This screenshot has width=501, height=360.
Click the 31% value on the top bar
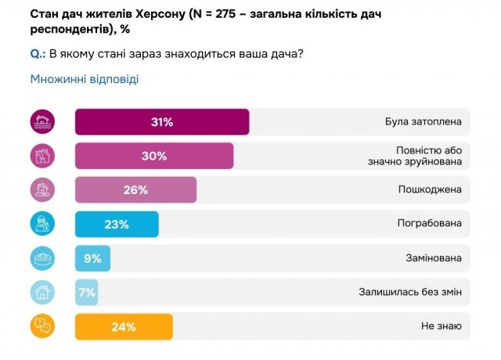click(x=162, y=122)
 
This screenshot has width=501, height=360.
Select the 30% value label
click(x=154, y=156)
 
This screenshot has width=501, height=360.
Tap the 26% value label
click(x=135, y=189)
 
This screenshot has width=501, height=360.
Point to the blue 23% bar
click(x=117, y=224)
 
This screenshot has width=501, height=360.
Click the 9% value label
click(x=92, y=258)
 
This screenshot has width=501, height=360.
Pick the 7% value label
click(x=86, y=293)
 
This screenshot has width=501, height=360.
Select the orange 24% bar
click(x=124, y=327)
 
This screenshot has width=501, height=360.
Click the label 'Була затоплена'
click(x=424, y=122)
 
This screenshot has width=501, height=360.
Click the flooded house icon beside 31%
click(x=42, y=122)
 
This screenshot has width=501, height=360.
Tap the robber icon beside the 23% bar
click(x=42, y=224)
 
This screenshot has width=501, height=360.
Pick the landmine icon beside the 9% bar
click(x=42, y=258)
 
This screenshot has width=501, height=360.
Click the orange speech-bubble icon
click(x=42, y=327)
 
